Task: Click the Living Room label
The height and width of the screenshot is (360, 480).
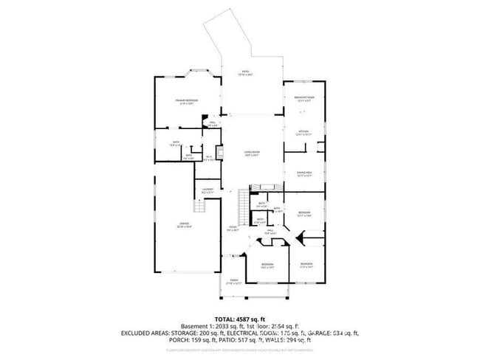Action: click(252, 153)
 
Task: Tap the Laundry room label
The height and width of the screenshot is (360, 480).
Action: click(208, 191)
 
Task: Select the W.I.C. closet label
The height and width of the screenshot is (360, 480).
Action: click(209, 157)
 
